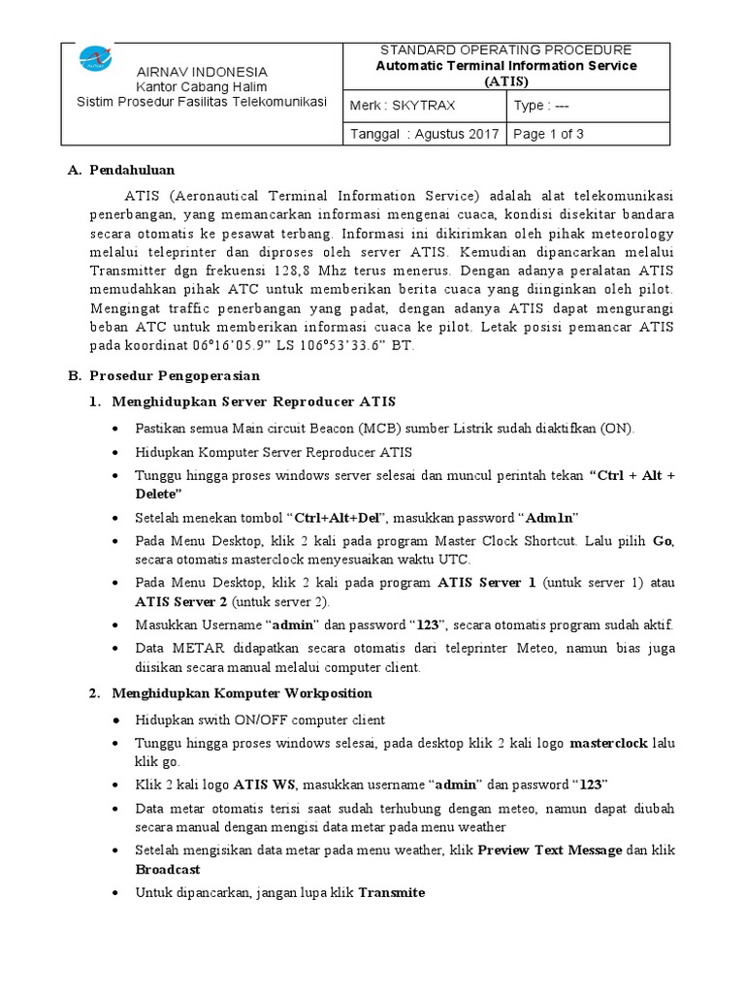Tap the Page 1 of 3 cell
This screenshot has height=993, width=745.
coord(548,134)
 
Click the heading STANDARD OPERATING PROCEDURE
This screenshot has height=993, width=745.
coord(505,49)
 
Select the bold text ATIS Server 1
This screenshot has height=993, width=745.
coord(487,583)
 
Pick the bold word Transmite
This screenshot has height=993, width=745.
coord(392,892)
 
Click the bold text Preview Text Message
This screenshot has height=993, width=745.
coord(550,849)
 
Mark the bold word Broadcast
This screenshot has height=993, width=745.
coord(168,870)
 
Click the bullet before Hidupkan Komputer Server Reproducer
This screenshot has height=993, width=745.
coord(117,452)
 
